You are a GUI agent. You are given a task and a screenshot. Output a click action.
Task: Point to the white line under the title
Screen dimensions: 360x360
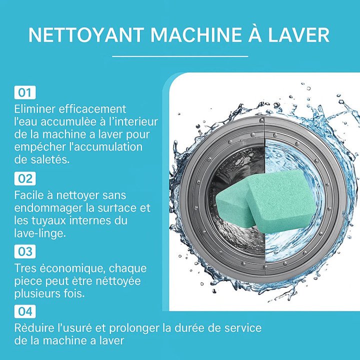(180, 56)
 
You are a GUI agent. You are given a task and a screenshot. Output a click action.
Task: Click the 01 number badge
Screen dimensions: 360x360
(25, 92)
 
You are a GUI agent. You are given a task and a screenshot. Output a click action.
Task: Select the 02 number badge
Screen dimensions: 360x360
(25, 178)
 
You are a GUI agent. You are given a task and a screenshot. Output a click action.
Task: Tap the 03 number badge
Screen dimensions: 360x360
(25, 251)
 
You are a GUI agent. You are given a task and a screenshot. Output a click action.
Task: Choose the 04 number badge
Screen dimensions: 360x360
(25, 312)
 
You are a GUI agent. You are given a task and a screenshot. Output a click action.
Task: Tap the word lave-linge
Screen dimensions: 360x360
(39, 233)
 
